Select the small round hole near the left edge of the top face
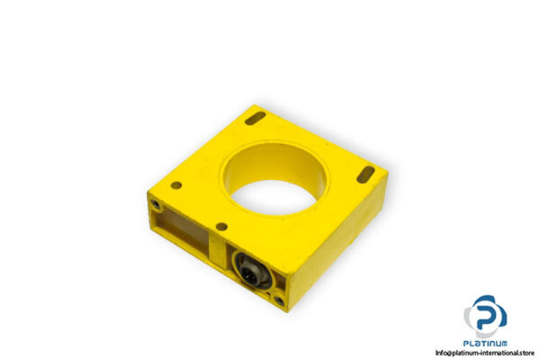pos(176,185)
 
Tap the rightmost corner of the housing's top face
pos(387,176)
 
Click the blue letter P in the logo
pos(487,314)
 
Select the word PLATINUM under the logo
pos(486,343)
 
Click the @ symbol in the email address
pos(451,353)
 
